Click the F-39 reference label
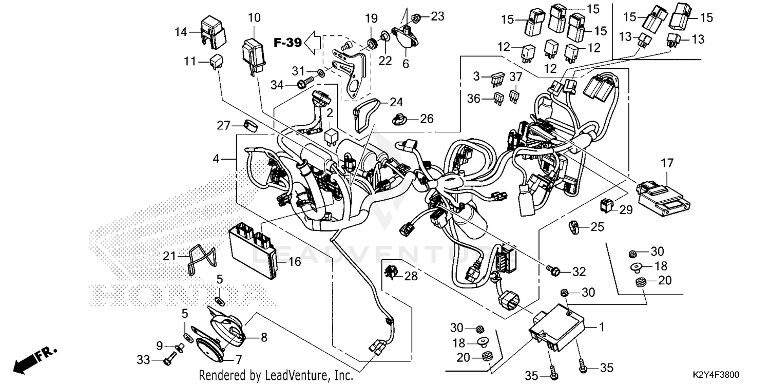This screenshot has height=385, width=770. [287, 43]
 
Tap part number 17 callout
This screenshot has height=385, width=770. [666, 164]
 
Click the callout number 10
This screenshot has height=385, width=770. [254, 18]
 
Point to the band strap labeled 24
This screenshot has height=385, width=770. [367, 114]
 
